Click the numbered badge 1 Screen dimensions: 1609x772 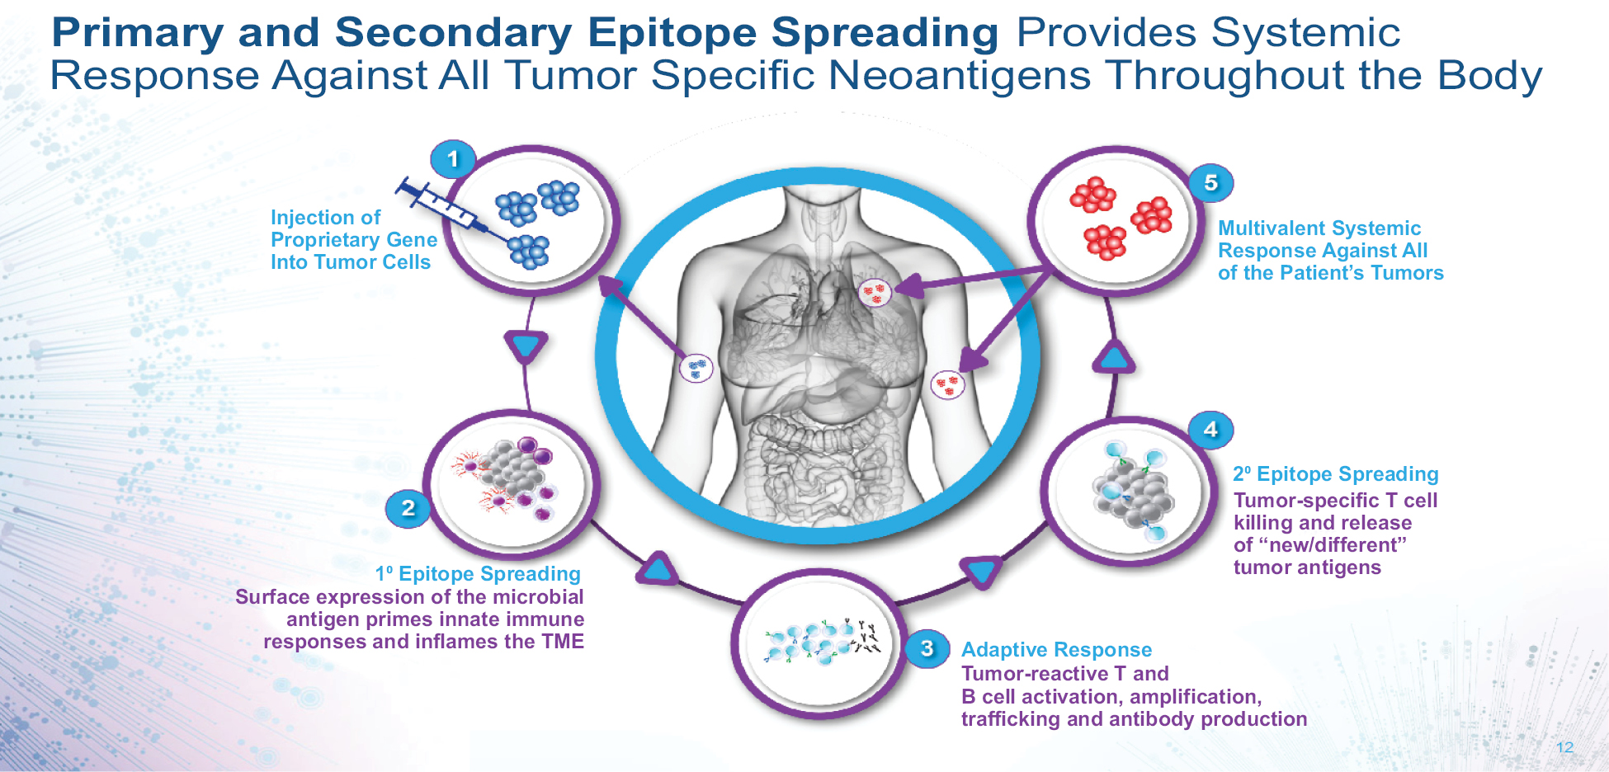click(x=453, y=159)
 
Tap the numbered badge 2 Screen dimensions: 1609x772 click(x=408, y=509)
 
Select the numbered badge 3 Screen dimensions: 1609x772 click(x=927, y=648)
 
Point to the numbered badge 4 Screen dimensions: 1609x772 click(x=1210, y=429)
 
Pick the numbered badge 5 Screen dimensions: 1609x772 click(x=1210, y=182)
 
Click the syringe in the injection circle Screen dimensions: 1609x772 click(x=455, y=213)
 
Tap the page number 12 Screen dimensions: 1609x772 click(x=1564, y=747)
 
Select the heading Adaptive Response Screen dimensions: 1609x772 click(x=1056, y=650)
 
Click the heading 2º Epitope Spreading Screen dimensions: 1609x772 click(x=1336, y=474)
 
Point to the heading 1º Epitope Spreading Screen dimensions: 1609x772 click(x=479, y=574)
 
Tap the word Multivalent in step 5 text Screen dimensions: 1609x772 click(x=1269, y=228)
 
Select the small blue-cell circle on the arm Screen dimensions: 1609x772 click(x=696, y=367)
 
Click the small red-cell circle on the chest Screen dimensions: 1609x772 click(x=875, y=293)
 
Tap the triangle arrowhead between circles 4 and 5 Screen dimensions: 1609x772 click(x=1114, y=356)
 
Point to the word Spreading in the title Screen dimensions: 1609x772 click(x=885, y=33)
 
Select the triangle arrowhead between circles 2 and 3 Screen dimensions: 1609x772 click(x=658, y=568)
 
